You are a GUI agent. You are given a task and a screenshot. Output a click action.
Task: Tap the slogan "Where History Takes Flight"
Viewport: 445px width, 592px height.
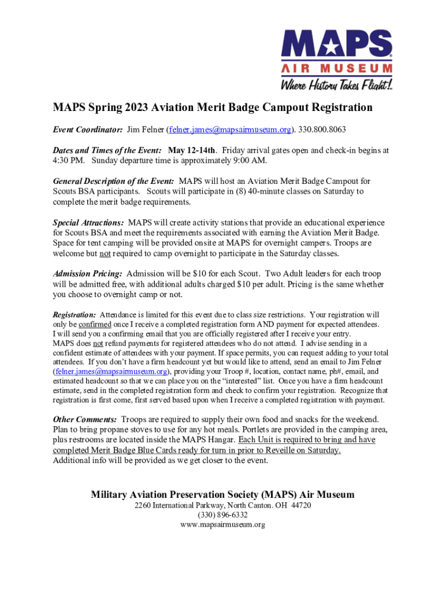pyautogui.click(x=336, y=85)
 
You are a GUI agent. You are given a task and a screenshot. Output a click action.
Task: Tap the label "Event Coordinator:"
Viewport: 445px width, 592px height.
pyautogui.click(x=87, y=129)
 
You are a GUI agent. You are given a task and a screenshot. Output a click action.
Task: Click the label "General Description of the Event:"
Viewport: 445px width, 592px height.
pyautogui.click(x=113, y=182)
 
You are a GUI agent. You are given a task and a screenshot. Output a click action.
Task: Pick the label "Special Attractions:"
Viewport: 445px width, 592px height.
pyautogui.click(x=88, y=223)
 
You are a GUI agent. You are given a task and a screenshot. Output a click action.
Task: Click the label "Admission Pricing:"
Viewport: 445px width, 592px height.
pyautogui.click(x=87, y=273)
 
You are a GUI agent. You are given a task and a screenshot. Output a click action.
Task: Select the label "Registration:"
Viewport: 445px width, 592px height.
pyautogui.click(x=74, y=315)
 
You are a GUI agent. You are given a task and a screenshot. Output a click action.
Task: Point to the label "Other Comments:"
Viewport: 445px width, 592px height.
pyautogui.click(x=85, y=419)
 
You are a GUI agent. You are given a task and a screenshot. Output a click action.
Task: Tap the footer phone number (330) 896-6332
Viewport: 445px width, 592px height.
pyautogui.click(x=222, y=515)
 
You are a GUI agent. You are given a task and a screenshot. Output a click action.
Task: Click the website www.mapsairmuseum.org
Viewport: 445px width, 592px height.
pyautogui.click(x=222, y=525)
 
